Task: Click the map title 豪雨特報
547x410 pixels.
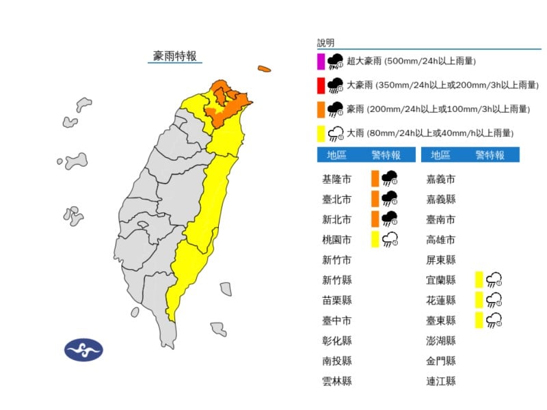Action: tap(174, 56)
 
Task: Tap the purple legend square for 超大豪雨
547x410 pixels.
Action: tap(321, 61)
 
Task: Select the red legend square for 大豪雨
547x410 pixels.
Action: tap(321, 85)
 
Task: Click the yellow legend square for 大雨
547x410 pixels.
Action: tap(321, 133)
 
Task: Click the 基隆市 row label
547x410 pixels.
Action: tap(336, 180)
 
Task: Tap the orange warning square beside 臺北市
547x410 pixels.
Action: tap(375, 199)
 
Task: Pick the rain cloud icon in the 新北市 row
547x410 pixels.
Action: tap(390, 219)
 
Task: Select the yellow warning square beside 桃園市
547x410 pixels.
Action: tap(375, 239)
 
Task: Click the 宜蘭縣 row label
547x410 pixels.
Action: tap(440, 279)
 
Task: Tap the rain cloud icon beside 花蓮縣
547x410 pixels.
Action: tap(494, 299)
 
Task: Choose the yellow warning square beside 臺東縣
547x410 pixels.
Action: tap(479, 320)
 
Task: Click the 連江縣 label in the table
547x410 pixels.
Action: tap(440, 381)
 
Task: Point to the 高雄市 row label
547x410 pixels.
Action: tap(440, 240)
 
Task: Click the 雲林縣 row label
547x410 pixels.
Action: tap(336, 381)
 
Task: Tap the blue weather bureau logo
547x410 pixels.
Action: tap(83, 350)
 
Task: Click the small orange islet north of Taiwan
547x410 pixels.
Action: tap(264, 68)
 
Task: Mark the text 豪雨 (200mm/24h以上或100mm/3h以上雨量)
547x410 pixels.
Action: tap(438, 109)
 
